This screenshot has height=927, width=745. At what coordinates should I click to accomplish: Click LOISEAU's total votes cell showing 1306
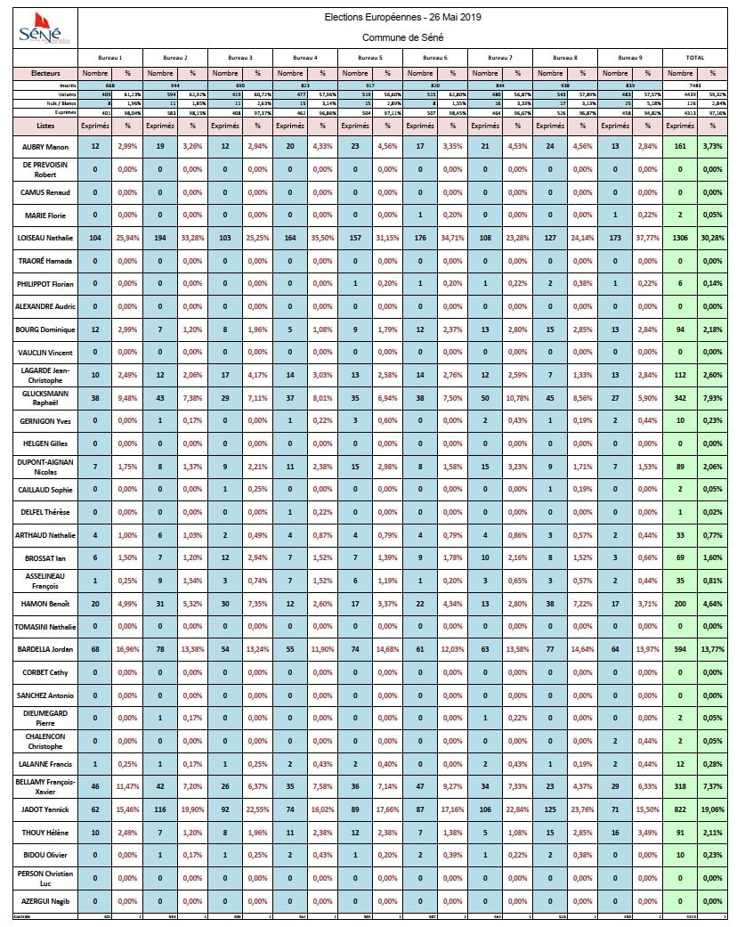coord(680,239)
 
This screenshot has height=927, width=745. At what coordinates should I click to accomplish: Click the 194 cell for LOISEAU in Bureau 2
coord(159,239)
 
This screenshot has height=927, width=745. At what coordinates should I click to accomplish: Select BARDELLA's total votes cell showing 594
coord(680,649)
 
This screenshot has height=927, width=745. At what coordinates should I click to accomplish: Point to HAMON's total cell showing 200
coord(680,603)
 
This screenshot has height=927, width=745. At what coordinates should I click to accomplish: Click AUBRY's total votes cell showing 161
coord(680,145)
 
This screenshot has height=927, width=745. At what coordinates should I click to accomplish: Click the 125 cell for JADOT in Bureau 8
coord(550,809)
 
